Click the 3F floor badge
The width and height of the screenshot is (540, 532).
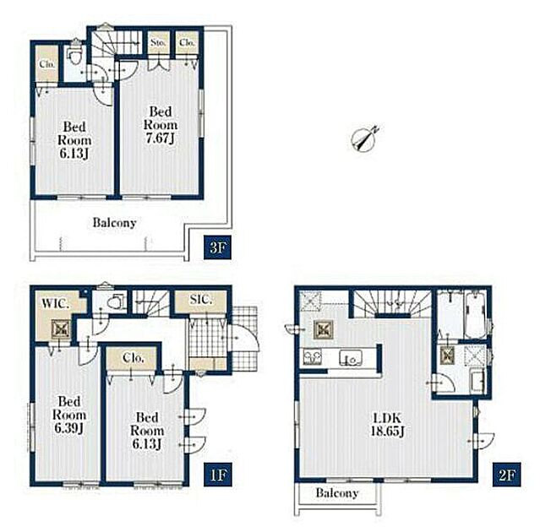pyautogui.click(x=217, y=247)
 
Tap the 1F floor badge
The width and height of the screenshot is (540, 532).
pyautogui.click(x=218, y=475)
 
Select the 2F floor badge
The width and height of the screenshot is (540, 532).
pyautogui.click(x=506, y=475)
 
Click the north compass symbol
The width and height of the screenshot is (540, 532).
pyautogui.click(x=364, y=138)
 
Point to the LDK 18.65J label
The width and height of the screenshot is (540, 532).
pyautogui.click(x=387, y=424)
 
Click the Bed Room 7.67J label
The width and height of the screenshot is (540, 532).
pyautogui.click(x=161, y=125)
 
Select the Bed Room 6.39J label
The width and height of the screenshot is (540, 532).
pyautogui.click(x=69, y=415)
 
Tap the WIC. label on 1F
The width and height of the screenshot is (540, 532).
pyautogui.click(x=56, y=303)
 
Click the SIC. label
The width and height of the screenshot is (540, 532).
pyautogui.click(x=201, y=300)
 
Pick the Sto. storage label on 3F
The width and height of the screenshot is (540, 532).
pyautogui.click(x=158, y=43)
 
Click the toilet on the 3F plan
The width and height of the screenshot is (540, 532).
pyautogui.click(x=74, y=53)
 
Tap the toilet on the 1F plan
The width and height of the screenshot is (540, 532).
pyautogui.click(x=115, y=301)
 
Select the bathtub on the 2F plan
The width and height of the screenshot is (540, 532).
pyautogui.click(x=476, y=316)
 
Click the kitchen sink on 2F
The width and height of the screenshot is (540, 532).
pyautogui.click(x=351, y=358)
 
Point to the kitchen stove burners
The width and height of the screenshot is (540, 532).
pyautogui.click(x=312, y=357)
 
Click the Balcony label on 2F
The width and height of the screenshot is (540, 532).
pyautogui.click(x=337, y=493)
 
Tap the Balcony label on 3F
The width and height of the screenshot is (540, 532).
pyautogui.click(x=114, y=223)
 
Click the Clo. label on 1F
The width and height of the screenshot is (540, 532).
pyautogui.click(x=133, y=358)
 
